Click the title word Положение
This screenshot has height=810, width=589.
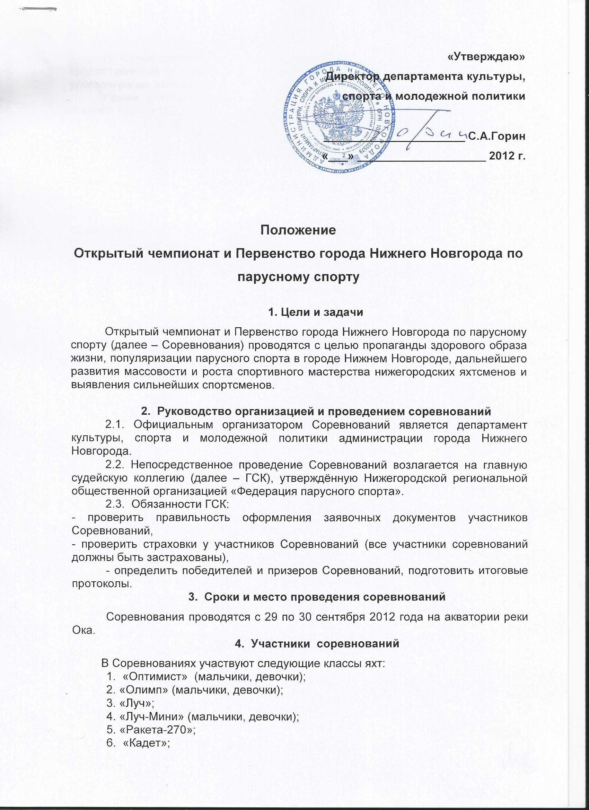click(298, 230)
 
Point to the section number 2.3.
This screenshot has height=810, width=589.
click(115, 504)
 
